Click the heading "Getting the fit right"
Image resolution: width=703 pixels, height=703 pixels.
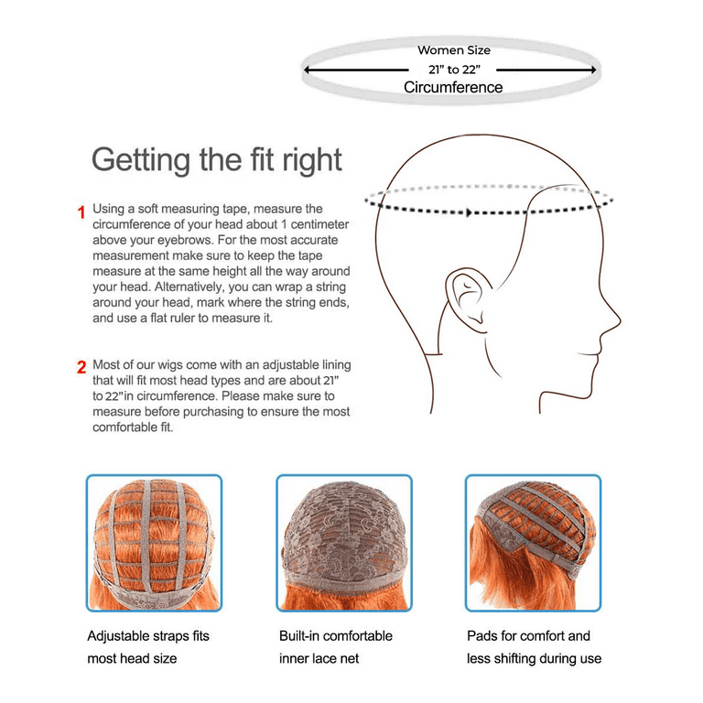pos(216,159)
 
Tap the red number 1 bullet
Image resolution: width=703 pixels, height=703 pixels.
pos(81,212)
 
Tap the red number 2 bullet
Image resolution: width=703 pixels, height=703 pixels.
pos(81,368)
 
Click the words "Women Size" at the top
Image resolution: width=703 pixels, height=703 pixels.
pos(454,50)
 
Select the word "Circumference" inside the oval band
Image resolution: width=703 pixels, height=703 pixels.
pos(453,88)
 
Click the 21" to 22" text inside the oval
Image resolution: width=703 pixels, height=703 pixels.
pos(454,70)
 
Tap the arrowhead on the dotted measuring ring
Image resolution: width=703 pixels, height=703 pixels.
pos(470,212)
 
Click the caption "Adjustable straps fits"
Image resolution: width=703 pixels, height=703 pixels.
pos(147,635)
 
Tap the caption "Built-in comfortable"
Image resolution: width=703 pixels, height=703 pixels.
pos(335,635)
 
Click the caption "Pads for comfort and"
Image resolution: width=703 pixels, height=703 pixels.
pos(528,635)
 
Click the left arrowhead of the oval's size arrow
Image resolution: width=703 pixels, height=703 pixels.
pos(308,70)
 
